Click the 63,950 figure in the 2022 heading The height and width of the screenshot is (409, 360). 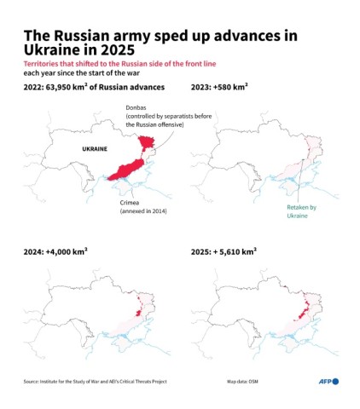click(x=73, y=88)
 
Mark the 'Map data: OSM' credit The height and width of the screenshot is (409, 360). click(x=243, y=382)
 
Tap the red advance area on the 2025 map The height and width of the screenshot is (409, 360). click(x=303, y=307)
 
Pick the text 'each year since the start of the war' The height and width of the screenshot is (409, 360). click(x=78, y=74)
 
